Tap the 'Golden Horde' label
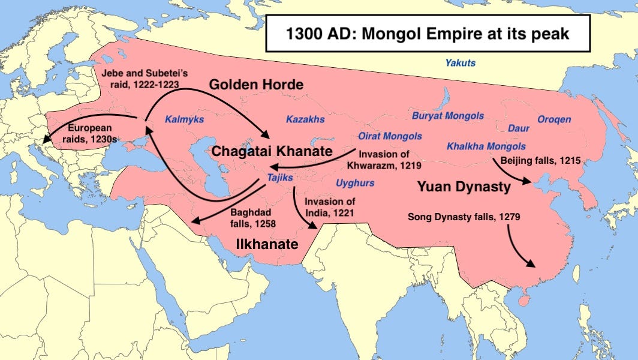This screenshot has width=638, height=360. pos(256,85)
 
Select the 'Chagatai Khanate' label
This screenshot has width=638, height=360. pos(272,151)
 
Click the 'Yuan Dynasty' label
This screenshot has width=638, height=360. pos(464,187)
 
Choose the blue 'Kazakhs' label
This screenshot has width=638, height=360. pos(305,119)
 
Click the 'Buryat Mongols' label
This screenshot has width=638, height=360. pos(447,115)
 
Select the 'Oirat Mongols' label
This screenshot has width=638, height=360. pos(390,136)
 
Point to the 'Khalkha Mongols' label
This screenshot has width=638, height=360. pos(486,146)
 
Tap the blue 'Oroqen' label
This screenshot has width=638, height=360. pos(554,119)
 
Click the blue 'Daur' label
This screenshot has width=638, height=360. pos(519,128)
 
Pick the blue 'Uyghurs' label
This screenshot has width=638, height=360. pos(355,183)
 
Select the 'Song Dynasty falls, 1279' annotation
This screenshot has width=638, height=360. pos(459,217)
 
